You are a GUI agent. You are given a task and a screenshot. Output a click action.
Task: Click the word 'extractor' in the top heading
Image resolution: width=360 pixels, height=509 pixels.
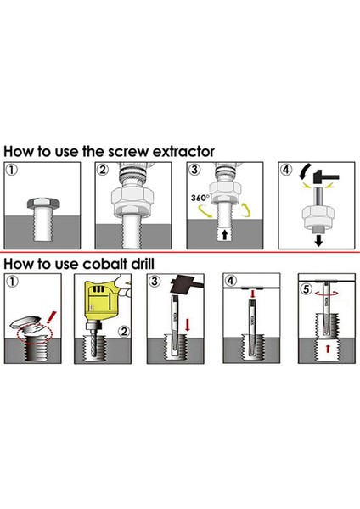tap(183, 152)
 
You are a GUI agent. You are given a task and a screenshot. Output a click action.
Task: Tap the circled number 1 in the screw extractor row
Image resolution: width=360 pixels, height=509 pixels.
tap(11, 170)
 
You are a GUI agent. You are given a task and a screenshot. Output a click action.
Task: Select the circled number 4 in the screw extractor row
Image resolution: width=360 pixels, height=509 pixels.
tap(286, 170)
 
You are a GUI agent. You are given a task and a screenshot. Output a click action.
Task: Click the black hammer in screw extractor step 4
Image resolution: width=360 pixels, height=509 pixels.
tap(326, 177)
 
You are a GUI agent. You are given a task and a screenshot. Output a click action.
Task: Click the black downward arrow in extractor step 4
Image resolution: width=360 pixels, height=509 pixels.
tap(318, 241)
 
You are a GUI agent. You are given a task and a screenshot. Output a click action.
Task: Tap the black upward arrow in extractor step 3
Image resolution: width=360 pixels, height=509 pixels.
tap(224, 234)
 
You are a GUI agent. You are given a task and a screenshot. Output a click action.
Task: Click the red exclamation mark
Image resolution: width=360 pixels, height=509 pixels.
tap(51, 317)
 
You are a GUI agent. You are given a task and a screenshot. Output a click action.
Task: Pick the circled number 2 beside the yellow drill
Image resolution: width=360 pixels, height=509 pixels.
tap(124, 332)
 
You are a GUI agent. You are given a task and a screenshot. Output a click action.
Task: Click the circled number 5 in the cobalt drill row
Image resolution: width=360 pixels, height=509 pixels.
tap(306, 288)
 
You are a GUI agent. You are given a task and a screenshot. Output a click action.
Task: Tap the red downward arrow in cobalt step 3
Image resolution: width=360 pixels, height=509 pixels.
tap(187, 325)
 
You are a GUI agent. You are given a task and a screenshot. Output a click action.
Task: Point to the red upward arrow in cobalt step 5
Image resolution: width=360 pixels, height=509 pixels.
tap(328, 349)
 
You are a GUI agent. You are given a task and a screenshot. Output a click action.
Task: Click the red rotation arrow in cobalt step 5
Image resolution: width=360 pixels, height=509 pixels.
tap(327, 294)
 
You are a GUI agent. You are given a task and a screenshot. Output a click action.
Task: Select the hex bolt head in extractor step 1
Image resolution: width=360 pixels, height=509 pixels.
tap(43, 203)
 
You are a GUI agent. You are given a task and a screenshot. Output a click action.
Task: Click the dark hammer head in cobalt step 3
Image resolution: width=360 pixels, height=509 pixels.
tap(183, 284)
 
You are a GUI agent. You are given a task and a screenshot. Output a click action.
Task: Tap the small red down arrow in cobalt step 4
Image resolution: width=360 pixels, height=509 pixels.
tap(252, 294)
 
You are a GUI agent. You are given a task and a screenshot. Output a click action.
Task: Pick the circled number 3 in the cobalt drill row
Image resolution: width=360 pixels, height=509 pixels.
tap(155, 281)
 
